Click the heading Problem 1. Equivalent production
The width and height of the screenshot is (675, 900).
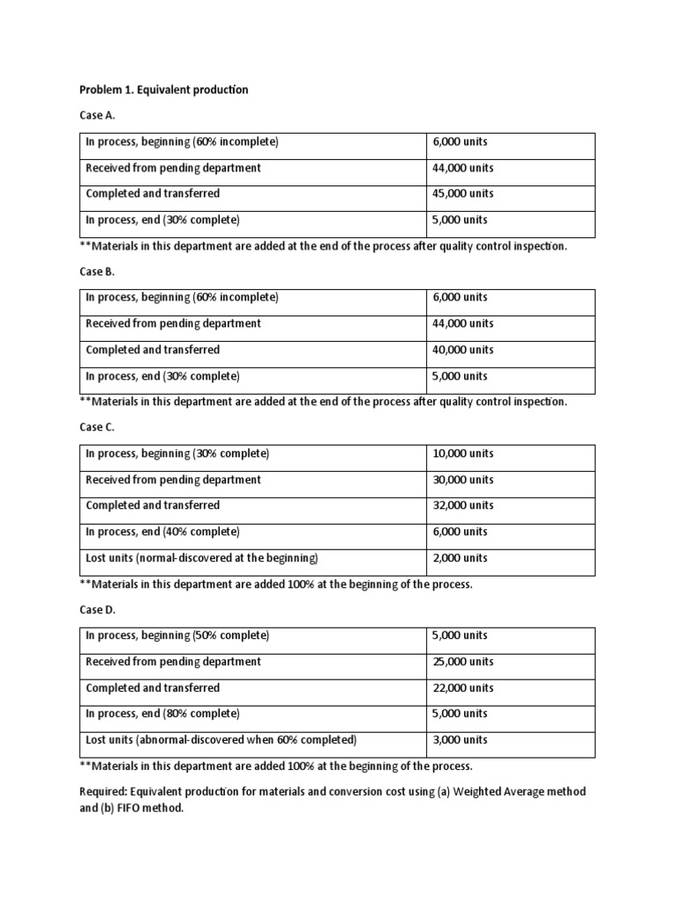pos(163,90)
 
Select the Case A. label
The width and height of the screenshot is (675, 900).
pos(97,115)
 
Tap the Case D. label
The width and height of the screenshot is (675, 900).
pos(98,609)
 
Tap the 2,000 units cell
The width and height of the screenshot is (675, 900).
pos(460,558)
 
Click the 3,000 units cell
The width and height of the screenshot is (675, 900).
pos(460,740)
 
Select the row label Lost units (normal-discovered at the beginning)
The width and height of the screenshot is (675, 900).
pos(201,558)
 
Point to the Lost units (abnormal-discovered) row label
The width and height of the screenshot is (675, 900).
pos(221,740)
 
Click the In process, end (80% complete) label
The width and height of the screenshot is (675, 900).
pos(162,714)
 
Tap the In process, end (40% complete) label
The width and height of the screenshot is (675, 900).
pos(162,532)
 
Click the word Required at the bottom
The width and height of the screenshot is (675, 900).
pos(102,792)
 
